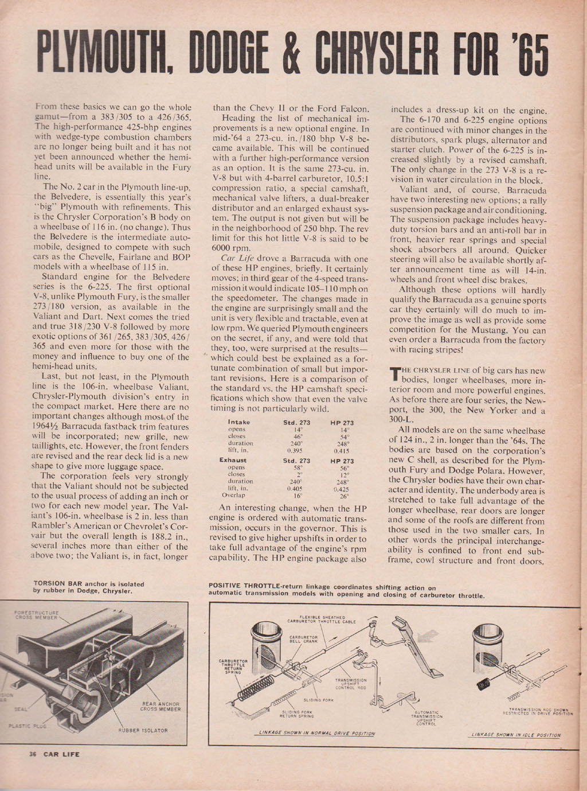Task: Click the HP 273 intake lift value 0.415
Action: pyautogui.click(x=342, y=451)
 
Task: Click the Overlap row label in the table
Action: pyautogui.click(x=234, y=495)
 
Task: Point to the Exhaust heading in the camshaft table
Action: pyautogui.click(x=233, y=461)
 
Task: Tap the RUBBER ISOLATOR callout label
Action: pyautogui.click(x=143, y=730)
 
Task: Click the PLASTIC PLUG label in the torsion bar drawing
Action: pyautogui.click(x=24, y=725)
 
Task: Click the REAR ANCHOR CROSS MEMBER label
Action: pyautogui.click(x=161, y=706)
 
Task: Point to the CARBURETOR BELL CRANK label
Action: pyautogui.click(x=303, y=639)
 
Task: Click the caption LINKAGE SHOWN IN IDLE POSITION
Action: pyautogui.click(x=515, y=735)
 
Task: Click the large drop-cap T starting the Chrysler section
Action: pyautogui.click(x=394, y=375)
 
